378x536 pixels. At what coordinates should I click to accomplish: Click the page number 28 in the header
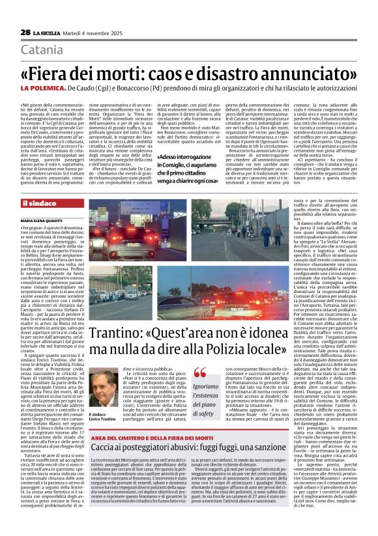pos(25,33)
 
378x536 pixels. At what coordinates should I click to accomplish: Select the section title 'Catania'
pos(46,50)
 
